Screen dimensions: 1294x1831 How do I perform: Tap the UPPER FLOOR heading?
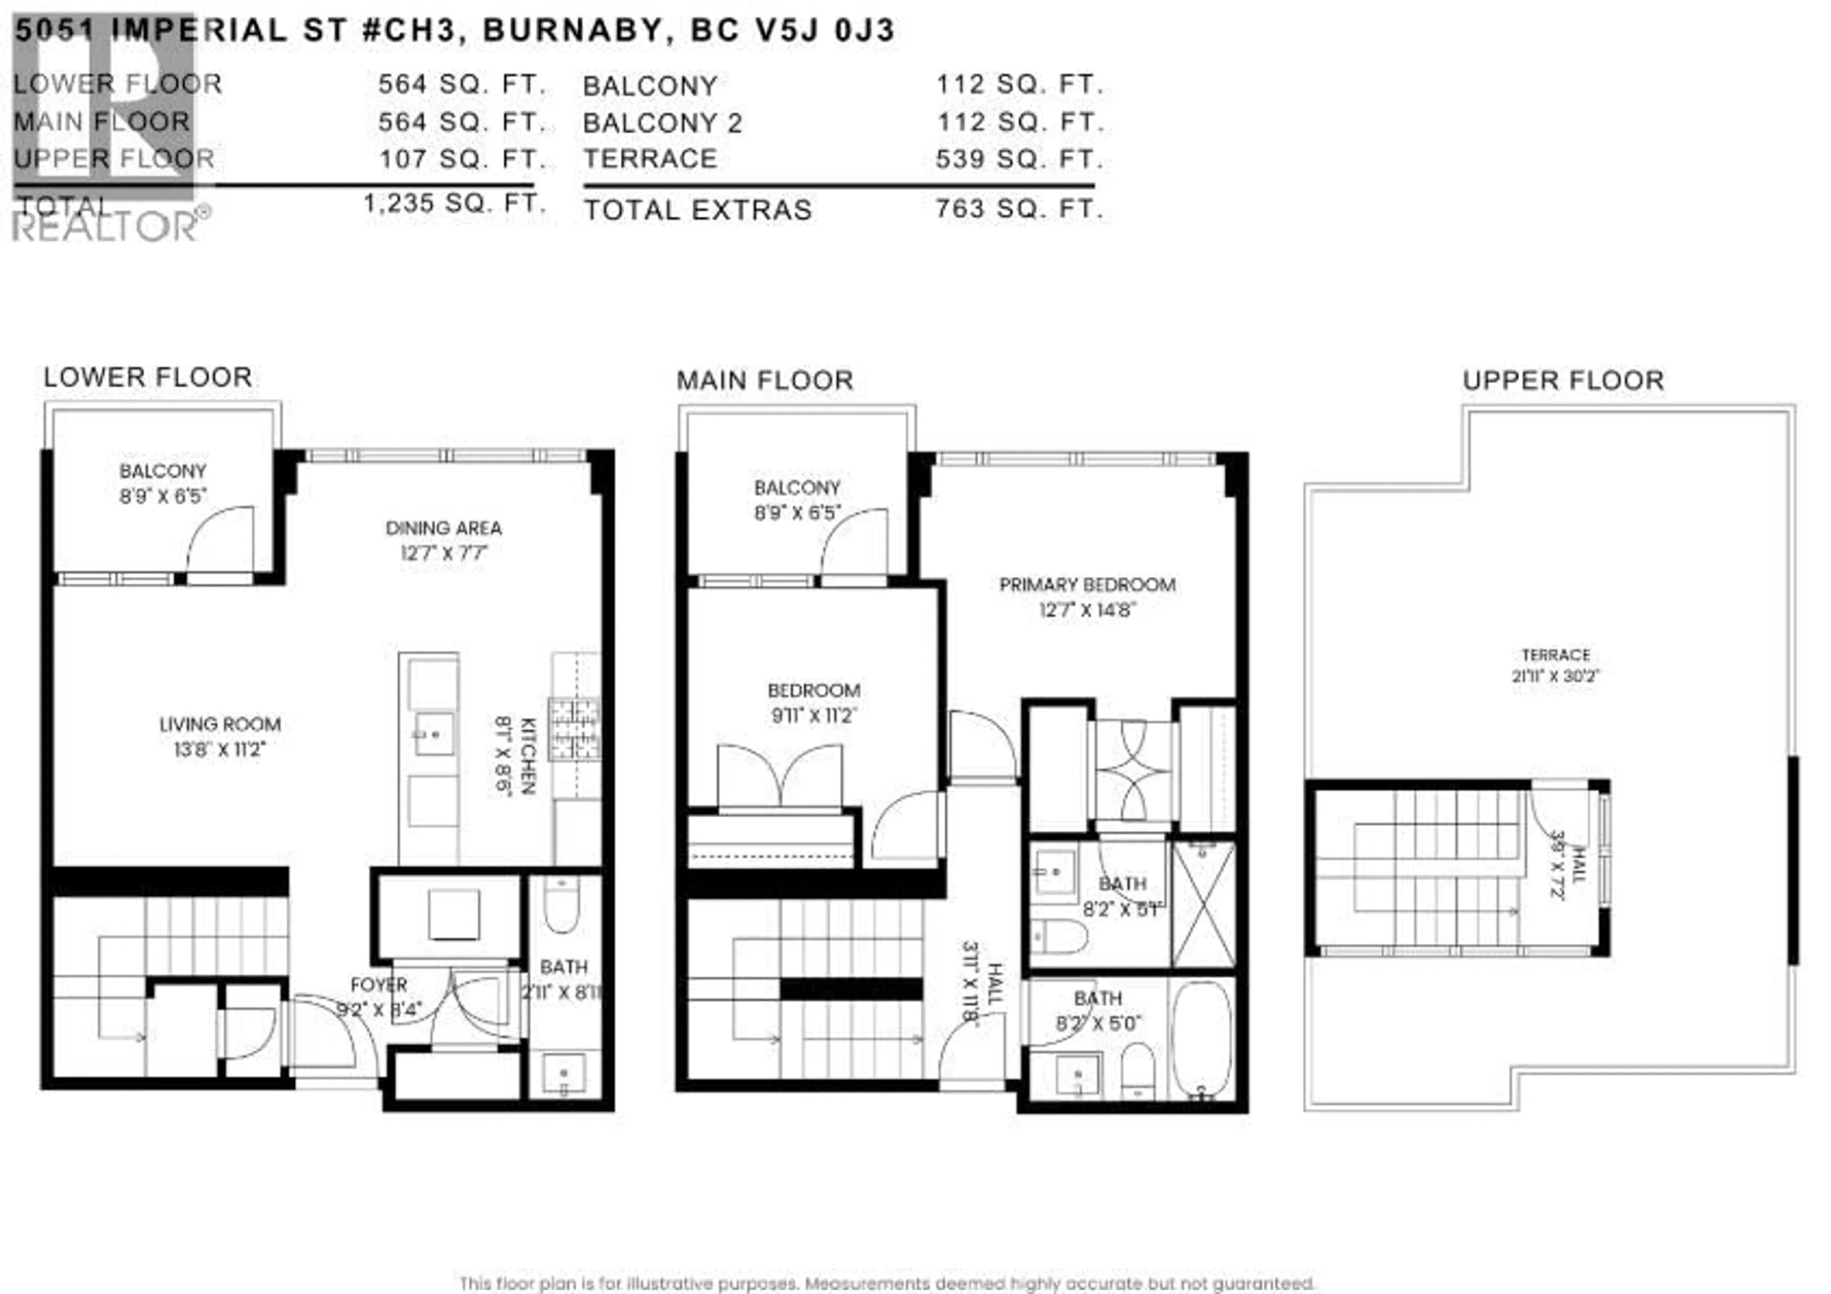[1563, 380]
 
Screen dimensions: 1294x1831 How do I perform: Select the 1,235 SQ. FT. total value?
[454, 204]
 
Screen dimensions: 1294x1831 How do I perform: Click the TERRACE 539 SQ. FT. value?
[1019, 160]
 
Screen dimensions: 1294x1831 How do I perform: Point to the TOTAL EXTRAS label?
[698, 210]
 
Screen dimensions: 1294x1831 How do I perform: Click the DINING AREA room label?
[443, 528]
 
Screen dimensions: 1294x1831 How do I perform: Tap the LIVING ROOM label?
[220, 724]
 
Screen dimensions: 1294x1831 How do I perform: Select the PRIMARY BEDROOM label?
[1087, 584]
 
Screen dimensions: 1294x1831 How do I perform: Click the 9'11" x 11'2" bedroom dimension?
[813, 715]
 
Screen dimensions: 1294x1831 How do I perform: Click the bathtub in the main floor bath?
[1202, 1038]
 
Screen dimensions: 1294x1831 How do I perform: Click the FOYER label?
[379, 985]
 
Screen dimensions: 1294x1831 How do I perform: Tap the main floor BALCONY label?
[797, 487]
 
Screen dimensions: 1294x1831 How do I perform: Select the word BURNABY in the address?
[573, 31]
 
